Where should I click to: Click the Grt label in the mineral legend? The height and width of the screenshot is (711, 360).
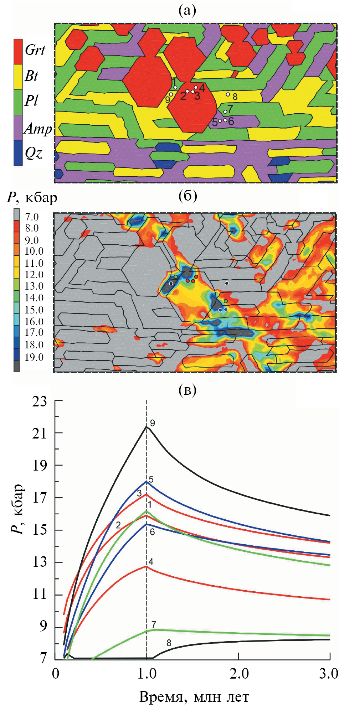35,50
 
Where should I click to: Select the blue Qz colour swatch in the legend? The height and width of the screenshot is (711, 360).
18,153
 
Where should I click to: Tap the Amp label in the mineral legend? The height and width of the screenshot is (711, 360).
38,128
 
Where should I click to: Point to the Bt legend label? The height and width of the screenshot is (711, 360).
31,76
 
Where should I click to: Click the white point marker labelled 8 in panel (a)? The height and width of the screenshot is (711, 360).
228,94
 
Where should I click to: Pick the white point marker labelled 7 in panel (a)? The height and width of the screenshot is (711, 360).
225,112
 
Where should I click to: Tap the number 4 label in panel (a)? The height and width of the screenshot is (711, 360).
202,88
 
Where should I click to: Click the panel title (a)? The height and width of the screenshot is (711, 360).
187,11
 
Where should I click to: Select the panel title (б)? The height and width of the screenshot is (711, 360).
187,196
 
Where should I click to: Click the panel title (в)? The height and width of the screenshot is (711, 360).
187,390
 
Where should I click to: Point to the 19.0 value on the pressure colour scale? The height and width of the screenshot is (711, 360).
34,357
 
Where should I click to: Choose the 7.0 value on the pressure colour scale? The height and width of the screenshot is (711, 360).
32,217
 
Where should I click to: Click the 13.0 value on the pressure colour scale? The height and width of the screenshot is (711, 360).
34,286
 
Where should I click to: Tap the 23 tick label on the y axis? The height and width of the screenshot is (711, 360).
40,401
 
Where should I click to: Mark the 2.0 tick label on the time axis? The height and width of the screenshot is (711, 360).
238,673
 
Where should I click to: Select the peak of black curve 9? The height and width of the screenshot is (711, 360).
146,426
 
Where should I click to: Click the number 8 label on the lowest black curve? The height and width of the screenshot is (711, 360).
169,643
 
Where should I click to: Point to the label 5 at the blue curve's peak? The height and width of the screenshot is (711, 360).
151,479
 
